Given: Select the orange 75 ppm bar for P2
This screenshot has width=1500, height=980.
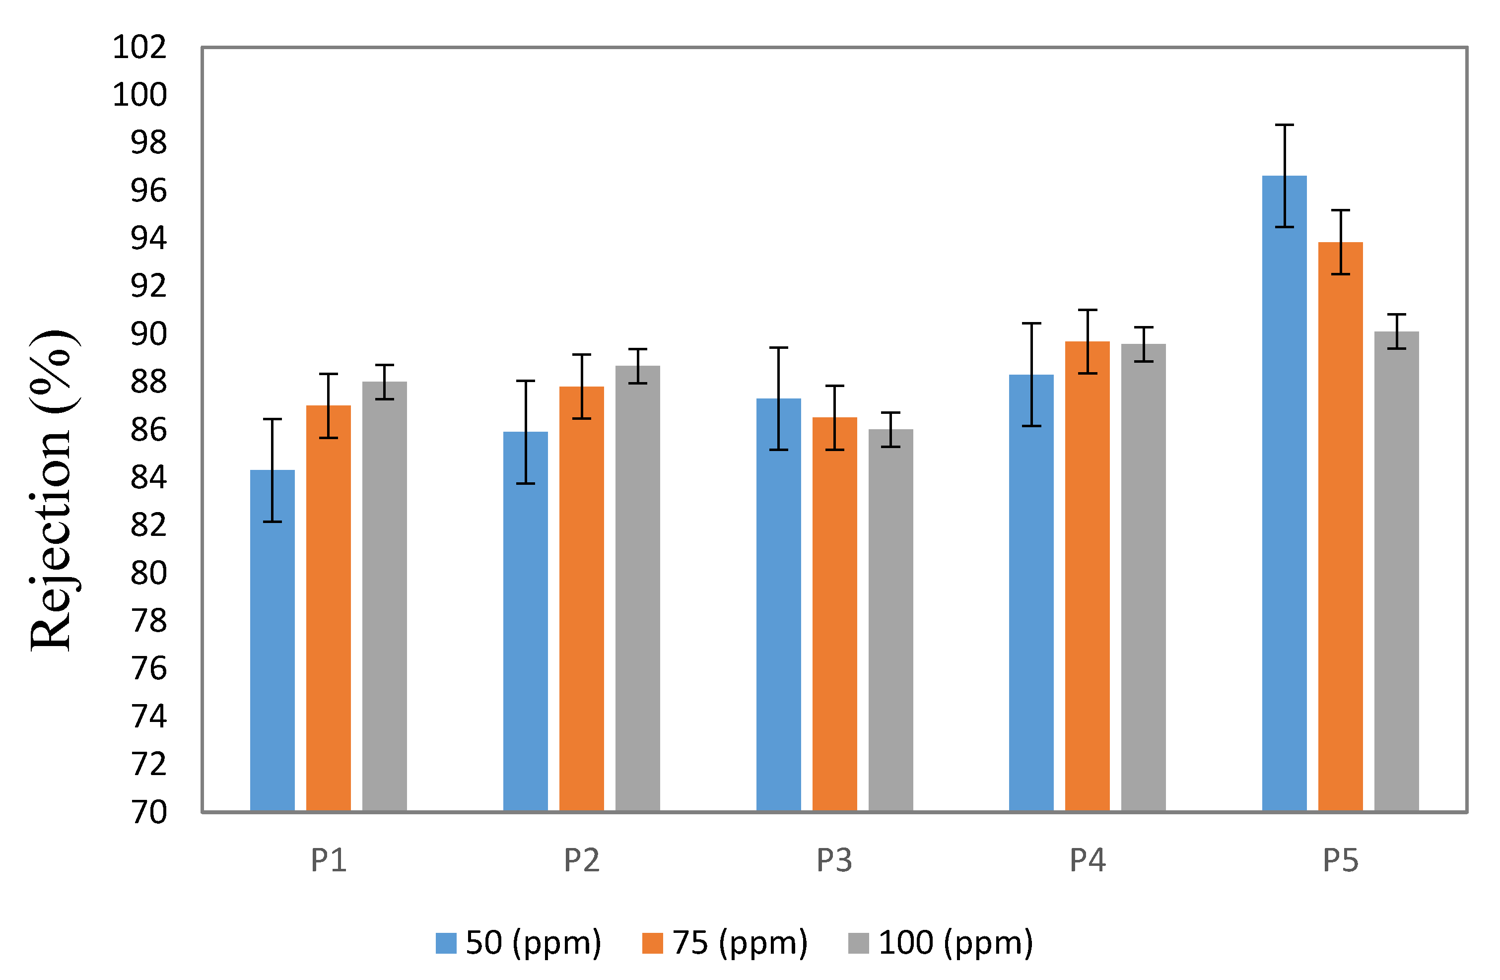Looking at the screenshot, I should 581,599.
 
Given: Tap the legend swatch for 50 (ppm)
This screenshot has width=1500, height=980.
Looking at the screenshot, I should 446,943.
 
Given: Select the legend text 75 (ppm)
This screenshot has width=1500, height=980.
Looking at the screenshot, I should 739,943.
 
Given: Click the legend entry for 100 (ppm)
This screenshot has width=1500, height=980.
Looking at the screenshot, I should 955,943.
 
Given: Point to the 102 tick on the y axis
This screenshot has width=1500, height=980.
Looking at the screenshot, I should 139,47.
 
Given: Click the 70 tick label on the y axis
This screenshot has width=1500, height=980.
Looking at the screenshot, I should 149,812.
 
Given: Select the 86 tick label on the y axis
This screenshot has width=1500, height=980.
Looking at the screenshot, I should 149,430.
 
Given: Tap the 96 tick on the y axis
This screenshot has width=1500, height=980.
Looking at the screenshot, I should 149,191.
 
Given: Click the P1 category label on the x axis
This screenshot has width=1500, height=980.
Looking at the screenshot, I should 329,860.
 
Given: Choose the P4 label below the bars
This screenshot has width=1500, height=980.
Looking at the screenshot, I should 1087,860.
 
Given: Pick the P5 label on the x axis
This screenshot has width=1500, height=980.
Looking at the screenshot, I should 1341,860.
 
